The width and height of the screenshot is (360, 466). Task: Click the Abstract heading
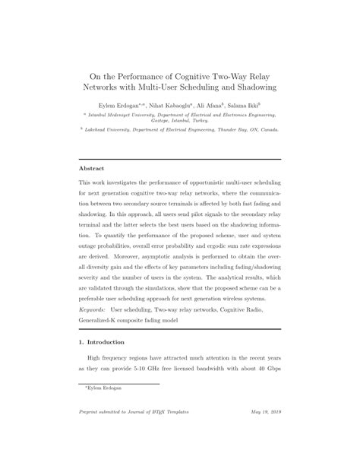[x=92, y=168]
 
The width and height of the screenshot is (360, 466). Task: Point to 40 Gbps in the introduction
[x=266, y=379]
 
